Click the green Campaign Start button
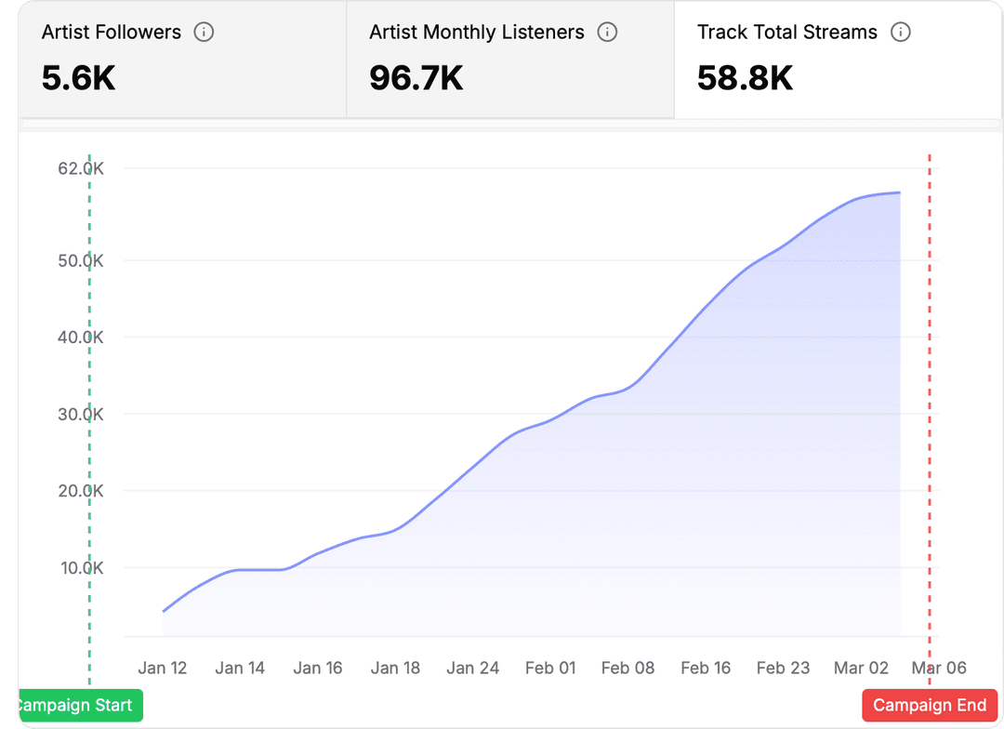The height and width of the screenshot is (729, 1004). pyautogui.click(x=80, y=705)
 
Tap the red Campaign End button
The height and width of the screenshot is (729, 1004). pyautogui.click(x=930, y=705)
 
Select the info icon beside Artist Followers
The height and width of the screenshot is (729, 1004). pyautogui.click(x=204, y=33)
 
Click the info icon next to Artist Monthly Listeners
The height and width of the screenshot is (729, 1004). pyautogui.click(x=607, y=33)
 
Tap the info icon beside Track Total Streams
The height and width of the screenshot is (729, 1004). pyautogui.click(x=900, y=33)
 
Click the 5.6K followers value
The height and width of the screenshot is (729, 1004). pyautogui.click(x=79, y=78)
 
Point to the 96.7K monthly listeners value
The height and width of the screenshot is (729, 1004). pyautogui.click(x=416, y=78)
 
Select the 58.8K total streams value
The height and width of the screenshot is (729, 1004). pyautogui.click(x=745, y=78)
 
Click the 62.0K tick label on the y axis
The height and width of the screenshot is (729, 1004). pyautogui.click(x=80, y=168)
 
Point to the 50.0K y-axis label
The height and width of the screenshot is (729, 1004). pyautogui.click(x=80, y=260)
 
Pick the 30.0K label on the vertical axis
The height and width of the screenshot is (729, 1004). pyautogui.click(x=80, y=414)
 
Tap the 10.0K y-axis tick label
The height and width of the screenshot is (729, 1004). pyautogui.click(x=80, y=567)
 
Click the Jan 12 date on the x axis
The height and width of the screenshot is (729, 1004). pyautogui.click(x=163, y=668)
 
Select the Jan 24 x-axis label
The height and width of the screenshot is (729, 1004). pyautogui.click(x=473, y=668)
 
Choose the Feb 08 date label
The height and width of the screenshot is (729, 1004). pyautogui.click(x=628, y=668)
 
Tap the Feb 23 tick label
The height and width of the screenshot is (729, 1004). pyautogui.click(x=784, y=668)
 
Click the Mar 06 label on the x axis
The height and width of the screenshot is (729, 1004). pyautogui.click(x=939, y=668)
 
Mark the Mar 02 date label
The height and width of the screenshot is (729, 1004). pyautogui.click(x=862, y=668)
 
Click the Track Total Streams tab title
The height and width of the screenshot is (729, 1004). pyautogui.click(x=787, y=33)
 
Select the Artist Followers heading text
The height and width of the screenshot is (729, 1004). pyautogui.click(x=112, y=33)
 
